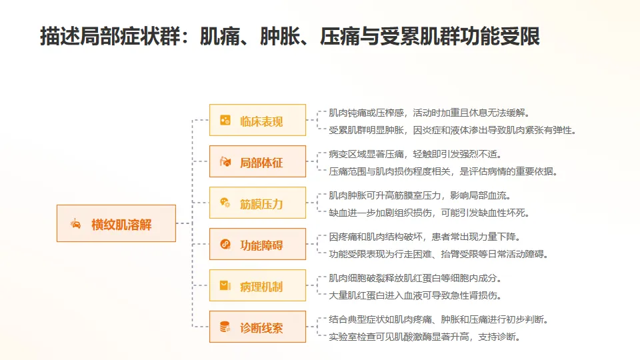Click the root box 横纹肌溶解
[116, 223]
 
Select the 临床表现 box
[257, 121]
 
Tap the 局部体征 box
[257, 162]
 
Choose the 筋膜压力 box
[257, 203]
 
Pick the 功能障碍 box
[257, 245]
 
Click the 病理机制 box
[257, 286]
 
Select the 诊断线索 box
[257, 327]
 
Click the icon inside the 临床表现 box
[225, 121]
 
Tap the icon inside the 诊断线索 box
[225, 327]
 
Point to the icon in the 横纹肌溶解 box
[76, 223]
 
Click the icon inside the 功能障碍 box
[225, 245]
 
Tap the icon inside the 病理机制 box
[225, 286]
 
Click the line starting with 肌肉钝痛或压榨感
[429, 113]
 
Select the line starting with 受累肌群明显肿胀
[452, 130]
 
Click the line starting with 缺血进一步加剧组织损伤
[428, 213]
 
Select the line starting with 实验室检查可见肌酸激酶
[424, 337]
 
